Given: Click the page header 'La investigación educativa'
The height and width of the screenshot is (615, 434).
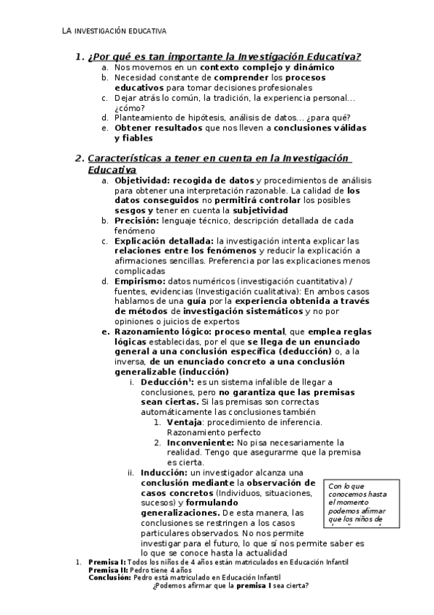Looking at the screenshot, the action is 114,32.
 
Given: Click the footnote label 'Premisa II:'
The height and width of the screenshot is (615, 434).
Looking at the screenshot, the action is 107,570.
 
